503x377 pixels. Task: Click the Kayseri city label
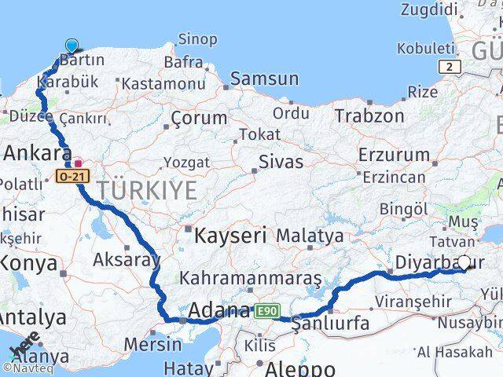[x=230, y=234]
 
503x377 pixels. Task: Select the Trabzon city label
[x=369, y=115]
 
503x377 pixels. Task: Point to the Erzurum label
[x=394, y=154]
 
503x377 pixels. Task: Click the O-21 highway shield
[x=71, y=177]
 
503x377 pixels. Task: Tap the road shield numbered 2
[x=450, y=68]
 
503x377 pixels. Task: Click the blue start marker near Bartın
[x=72, y=46]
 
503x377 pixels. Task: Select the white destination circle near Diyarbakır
[x=464, y=263]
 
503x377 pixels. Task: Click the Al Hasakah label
[x=455, y=352]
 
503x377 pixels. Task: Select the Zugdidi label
[x=428, y=9]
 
